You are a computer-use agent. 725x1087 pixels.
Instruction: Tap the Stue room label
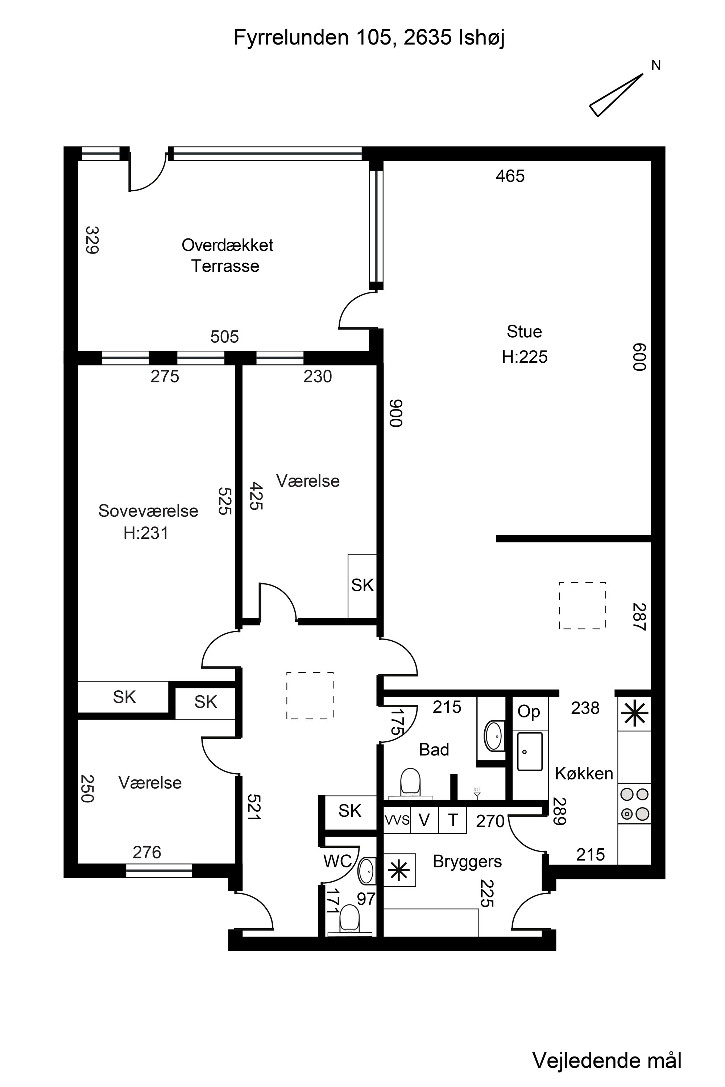click(524, 332)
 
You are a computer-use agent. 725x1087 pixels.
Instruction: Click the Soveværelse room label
click(148, 511)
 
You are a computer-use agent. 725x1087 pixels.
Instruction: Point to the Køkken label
click(584, 773)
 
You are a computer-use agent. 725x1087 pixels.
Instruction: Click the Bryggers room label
click(467, 862)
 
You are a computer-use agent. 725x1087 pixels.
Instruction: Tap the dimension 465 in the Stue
click(510, 176)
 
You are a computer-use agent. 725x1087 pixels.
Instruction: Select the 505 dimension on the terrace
click(224, 337)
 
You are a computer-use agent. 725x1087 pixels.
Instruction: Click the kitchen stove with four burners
click(634, 803)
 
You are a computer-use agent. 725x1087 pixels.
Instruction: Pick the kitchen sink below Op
click(529, 751)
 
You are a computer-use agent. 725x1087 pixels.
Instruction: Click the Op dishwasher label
click(529, 712)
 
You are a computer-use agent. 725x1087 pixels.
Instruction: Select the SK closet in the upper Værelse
click(362, 586)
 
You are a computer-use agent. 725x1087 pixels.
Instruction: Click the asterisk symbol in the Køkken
click(634, 713)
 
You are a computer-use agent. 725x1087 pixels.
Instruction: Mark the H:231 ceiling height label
click(146, 533)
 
